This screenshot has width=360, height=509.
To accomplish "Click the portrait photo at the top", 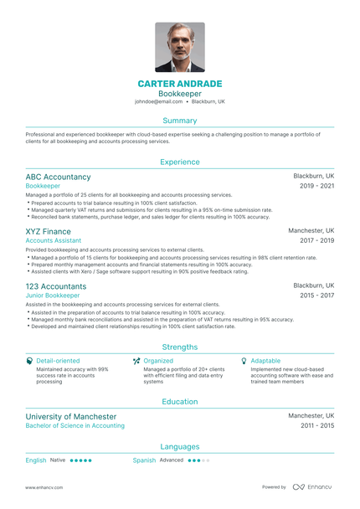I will pyautogui.click(x=179, y=47).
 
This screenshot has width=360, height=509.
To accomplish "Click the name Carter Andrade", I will pyautogui.click(x=179, y=84).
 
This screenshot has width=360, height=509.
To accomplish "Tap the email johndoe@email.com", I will pyautogui.click(x=158, y=101).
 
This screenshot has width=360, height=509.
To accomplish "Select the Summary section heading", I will pyautogui.click(x=179, y=121).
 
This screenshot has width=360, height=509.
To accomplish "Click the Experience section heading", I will pyautogui.click(x=179, y=162).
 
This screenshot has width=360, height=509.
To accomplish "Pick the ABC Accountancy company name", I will pyautogui.click(x=58, y=177).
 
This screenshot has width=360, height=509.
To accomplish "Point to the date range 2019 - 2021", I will pyautogui.click(x=317, y=186).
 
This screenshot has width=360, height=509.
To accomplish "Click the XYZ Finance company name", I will pyautogui.click(x=48, y=231).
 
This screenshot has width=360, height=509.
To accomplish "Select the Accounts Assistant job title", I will pyautogui.click(x=54, y=240).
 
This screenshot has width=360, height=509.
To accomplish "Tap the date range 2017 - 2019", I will pyautogui.click(x=317, y=240).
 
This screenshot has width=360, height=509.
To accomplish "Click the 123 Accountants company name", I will pyautogui.click(x=56, y=286).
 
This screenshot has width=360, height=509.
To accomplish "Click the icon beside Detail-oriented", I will pyautogui.click(x=29, y=360).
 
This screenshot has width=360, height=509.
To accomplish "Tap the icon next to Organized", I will pyautogui.click(x=136, y=360).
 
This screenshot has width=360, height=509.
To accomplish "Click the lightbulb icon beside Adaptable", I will pyautogui.click(x=244, y=360).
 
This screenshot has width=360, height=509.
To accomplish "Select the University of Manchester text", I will pyautogui.click(x=71, y=416).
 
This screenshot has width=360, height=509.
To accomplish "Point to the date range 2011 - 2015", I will pyautogui.click(x=317, y=425).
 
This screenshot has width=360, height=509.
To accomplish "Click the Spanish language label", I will pyautogui.click(x=145, y=460).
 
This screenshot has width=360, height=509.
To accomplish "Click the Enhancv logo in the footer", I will pyautogui.click(x=311, y=486).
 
